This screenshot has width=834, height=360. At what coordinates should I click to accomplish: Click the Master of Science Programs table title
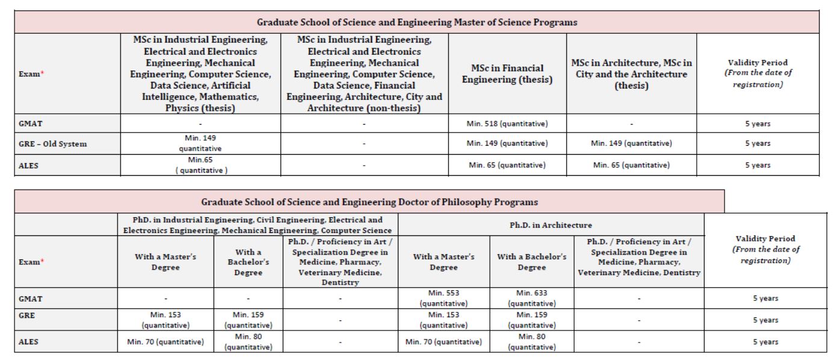417,22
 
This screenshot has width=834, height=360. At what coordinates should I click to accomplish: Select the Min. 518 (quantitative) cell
507,124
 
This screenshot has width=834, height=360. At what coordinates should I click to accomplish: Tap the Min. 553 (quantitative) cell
443,298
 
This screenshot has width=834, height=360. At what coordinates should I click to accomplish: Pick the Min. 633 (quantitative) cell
531,298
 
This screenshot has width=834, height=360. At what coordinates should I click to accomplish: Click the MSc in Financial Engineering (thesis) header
507,73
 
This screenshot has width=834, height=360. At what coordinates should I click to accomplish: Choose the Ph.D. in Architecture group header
551,225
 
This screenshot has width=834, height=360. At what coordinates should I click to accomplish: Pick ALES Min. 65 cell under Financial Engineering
507,165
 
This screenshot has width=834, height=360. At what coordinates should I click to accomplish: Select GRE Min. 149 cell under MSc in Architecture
631,143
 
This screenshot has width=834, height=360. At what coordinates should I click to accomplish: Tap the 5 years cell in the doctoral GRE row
765,320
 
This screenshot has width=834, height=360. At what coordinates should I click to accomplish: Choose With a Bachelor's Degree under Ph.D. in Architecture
531,262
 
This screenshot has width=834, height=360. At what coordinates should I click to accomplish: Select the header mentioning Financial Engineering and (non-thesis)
365,73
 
